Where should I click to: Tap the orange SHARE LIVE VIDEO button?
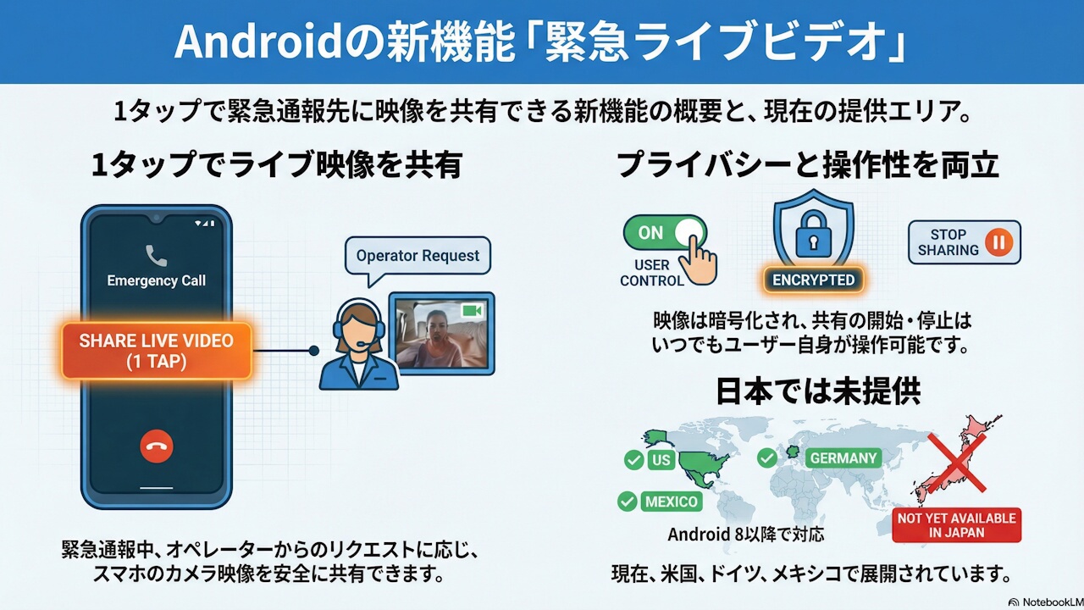[156, 351]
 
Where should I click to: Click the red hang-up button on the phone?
[157, 446]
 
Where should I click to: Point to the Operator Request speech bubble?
[418, 256]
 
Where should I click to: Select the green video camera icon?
[472, 312]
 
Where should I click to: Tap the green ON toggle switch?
[665, 233]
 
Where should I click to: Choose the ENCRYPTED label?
[813, 280]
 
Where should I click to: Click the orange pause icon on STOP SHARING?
[1000, 242]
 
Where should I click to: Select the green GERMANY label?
[843, 458]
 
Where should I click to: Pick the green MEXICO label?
[672, 502]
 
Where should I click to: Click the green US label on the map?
[661, 460]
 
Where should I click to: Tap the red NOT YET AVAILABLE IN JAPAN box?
[956, 524]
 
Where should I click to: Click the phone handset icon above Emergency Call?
[156, 255]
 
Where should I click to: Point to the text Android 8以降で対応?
[745, 535]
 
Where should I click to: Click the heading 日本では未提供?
[817, 391]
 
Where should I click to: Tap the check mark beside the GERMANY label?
[767, 458]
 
